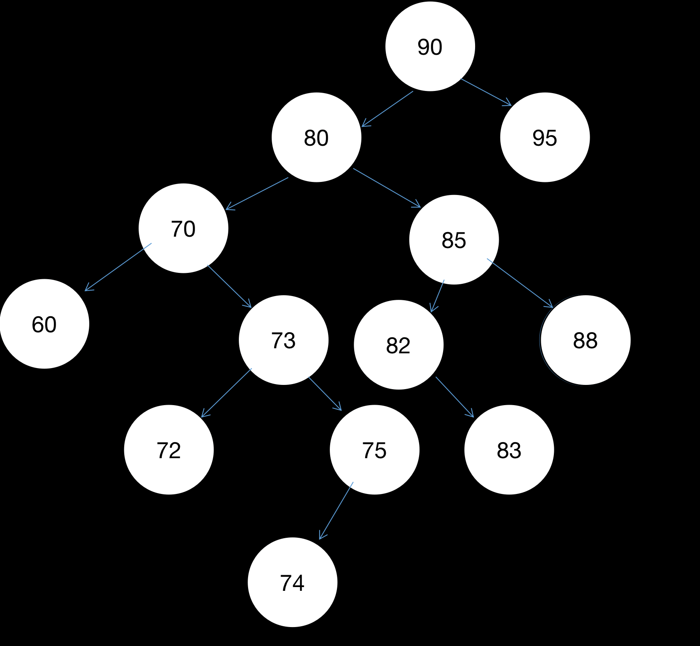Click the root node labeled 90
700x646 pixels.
click(430, 46)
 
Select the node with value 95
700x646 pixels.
click(545, 137)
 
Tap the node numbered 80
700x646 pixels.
click(316, 137)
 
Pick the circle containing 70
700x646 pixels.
click(183, 228)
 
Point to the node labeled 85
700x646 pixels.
click(454, 240)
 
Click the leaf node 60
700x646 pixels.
click(44, 324)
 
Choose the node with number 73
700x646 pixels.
click(283, 340)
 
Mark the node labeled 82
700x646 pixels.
click(398, 345)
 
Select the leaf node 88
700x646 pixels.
click(585, 340)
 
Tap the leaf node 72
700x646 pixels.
click(169, 450)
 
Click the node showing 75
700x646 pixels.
click(374, 450)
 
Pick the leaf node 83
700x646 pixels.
click(509, 450)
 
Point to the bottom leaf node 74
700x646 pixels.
click(292, 582)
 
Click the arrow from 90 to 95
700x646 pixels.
click(486, 92)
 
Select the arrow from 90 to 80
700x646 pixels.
click(387, 109)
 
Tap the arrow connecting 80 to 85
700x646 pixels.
click(387, 188)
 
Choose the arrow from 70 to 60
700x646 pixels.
click(118, 267)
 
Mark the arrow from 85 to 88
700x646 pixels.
click(520, 283)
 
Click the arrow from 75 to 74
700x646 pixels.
click(336, 510)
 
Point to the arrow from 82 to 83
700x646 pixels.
click(454, 397)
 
